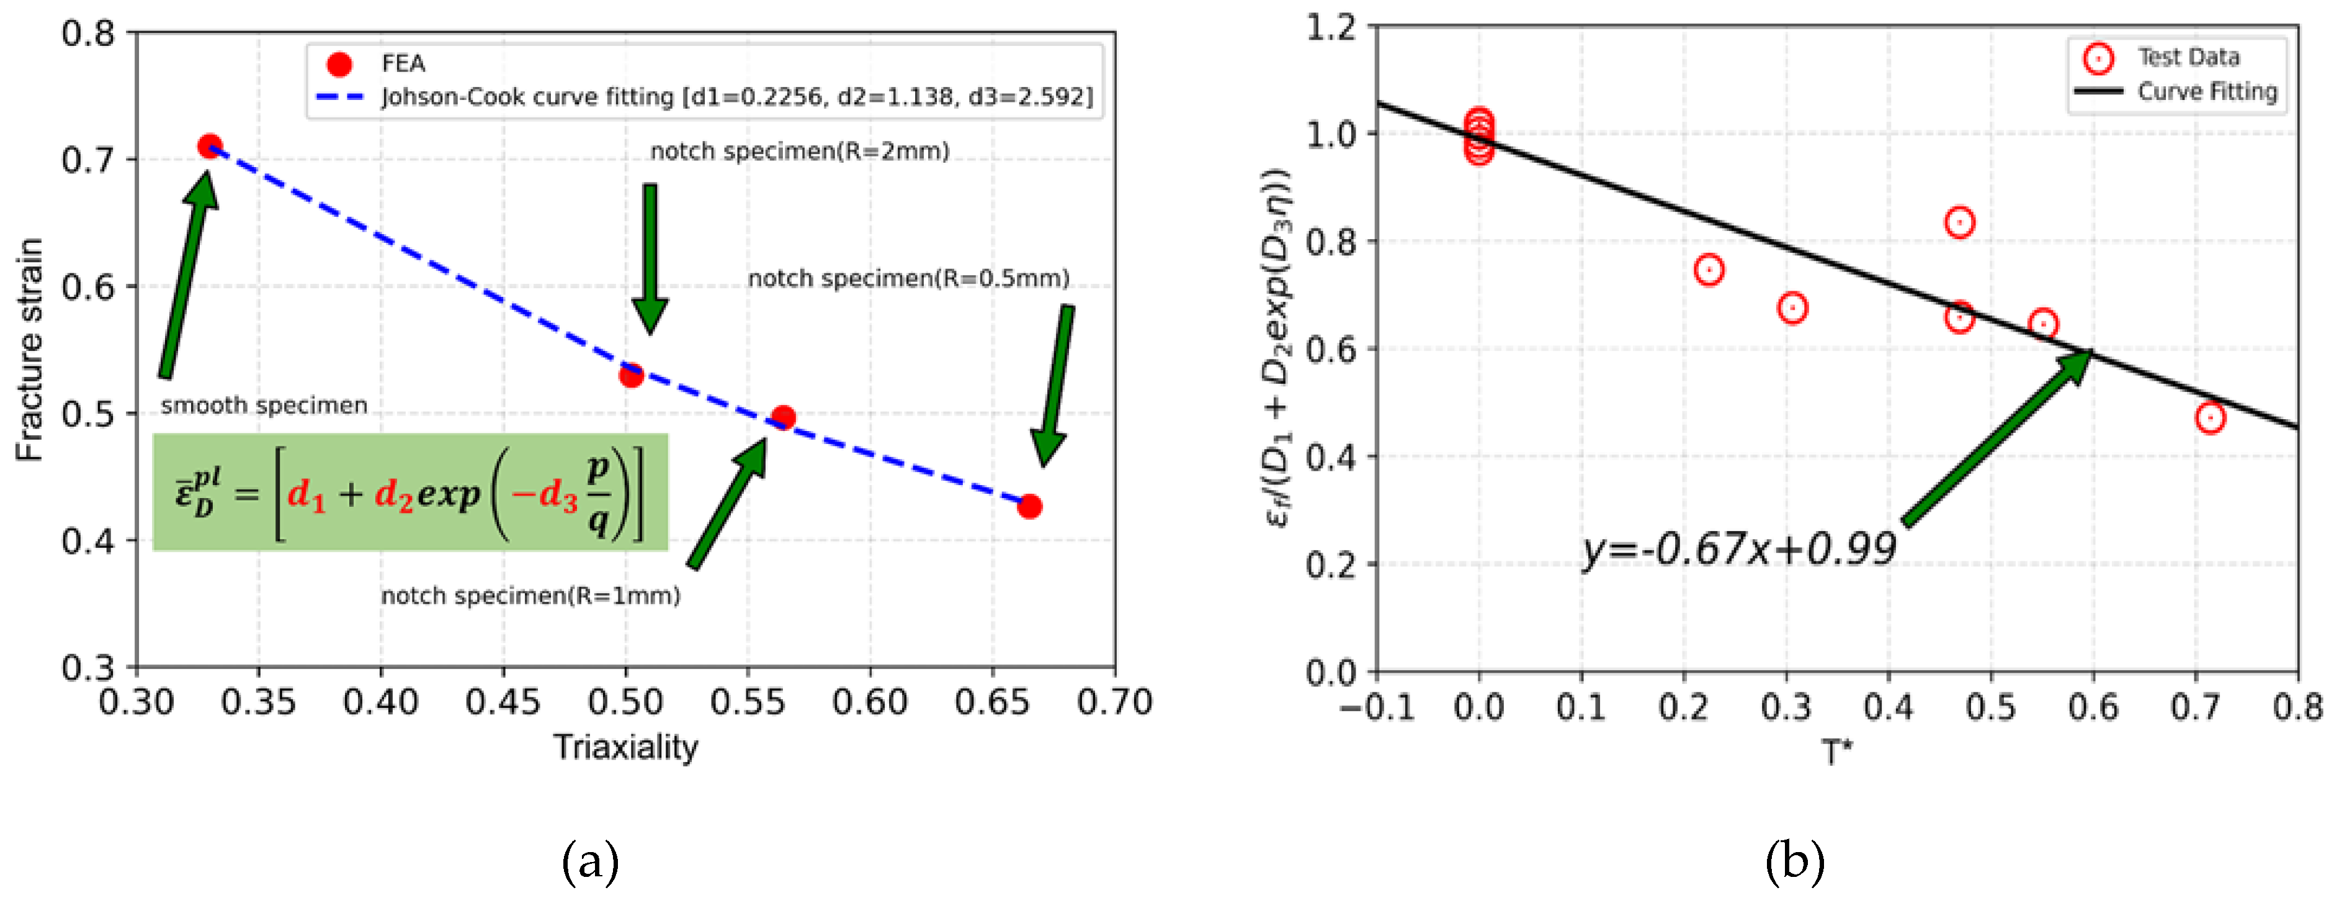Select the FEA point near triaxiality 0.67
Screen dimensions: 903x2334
click(x=1029, y=506)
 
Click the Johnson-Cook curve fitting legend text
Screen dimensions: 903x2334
click(x=736, y=97)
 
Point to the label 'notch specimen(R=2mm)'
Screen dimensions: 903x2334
click(x=799, y=152)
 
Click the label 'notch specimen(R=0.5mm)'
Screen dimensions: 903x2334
click(x=908, y=278)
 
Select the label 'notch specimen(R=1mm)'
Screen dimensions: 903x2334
click(x=530, y=596)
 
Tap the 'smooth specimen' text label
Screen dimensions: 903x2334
click(x=264, y=406)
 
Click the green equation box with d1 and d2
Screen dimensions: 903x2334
click(x=409, y=492)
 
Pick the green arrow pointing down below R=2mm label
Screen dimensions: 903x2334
click(x=650, y=258)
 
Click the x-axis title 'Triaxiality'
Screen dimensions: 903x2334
click(x=626, y=747)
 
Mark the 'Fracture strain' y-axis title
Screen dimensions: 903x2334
click(x=30, y=350)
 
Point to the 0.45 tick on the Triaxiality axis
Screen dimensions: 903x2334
click(x=503, y=702)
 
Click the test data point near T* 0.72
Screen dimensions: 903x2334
click(x=2210, y=418)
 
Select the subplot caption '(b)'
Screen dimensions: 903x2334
click(x=1794, y=861)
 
